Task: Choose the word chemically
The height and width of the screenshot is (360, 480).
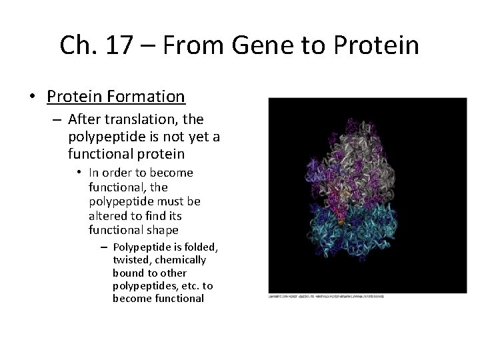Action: (181, 260)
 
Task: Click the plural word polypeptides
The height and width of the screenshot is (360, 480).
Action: (143, 285)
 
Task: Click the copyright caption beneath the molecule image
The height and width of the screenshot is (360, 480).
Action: (326, 296)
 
